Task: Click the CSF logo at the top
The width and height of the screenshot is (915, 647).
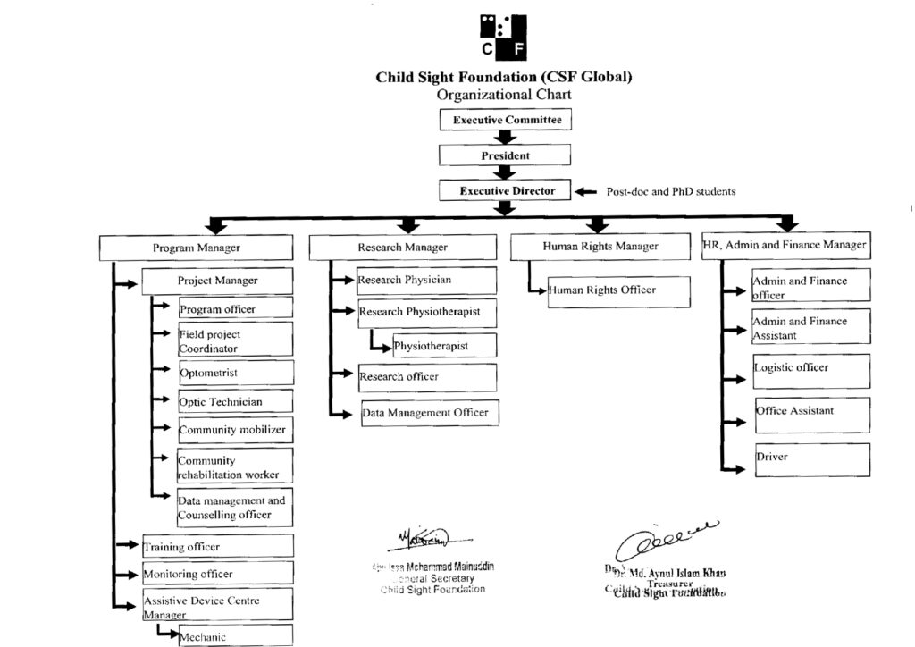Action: pos(504,38)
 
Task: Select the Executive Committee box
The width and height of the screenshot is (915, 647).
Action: pos(505,120)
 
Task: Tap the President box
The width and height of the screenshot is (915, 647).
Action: pos(505,155)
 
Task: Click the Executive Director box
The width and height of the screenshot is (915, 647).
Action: pos(505,190)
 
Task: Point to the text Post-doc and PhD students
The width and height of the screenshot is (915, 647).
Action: pos(671,191)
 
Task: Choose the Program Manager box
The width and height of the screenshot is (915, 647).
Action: pos(196,248)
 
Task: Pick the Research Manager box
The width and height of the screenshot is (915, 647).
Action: pos(402,248)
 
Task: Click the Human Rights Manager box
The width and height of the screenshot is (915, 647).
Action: pos(600,247)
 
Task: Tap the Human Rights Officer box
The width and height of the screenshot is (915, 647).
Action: pos(619,290)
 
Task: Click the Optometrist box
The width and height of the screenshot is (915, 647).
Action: pos(236,373)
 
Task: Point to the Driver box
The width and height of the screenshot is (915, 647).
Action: pos(811,458)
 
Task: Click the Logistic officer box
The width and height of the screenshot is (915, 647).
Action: pos(811,370)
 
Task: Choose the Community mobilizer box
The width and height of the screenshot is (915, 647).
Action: pos(236,430)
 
